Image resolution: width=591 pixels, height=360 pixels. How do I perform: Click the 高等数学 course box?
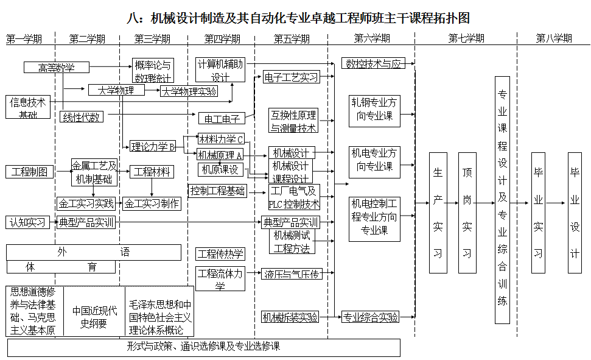click(x=57, y=67)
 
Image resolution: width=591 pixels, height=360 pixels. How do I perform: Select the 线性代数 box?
click(x=82, y=117)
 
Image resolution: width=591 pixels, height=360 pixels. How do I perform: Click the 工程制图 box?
click(x=29, y=171)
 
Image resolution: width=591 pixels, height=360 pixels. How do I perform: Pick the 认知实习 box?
click(x=28, y=222)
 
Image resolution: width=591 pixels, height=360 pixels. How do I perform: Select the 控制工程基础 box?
click(x=218, y=191)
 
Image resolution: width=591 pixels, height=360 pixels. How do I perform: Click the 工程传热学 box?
click(x=220, y=253)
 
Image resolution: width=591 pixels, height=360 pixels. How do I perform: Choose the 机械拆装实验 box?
click(x=290, y=317)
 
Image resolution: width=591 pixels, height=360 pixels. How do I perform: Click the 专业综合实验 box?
click(x=370, y=317)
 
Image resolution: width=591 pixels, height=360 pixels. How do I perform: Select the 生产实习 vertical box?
click(x=438, y=205)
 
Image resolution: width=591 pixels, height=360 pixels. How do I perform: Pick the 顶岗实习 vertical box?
click(x=467, y=205)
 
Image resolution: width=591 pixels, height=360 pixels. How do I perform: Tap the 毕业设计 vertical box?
click(x=575, y=205)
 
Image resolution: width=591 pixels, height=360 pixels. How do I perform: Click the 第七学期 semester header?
click(x=466, y=39)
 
